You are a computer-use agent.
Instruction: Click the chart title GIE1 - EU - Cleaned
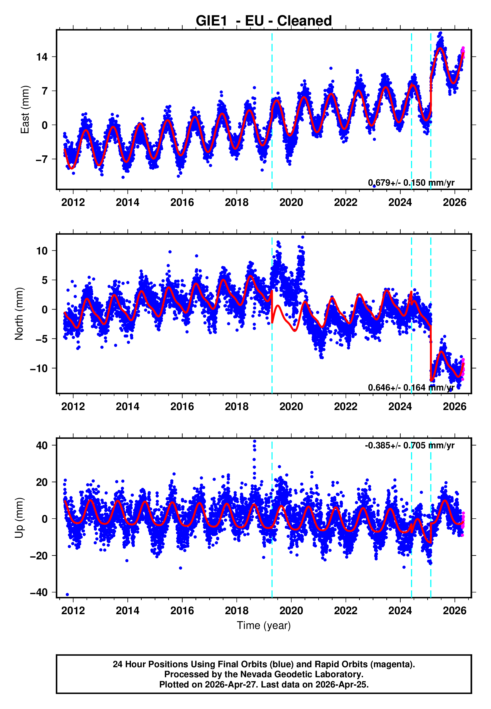(264, 21)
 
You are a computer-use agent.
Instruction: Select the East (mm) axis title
(25, 110)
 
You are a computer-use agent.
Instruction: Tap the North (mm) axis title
(19, 314)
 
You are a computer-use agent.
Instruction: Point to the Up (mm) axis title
(19, 518)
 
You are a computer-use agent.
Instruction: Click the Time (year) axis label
(264, 626)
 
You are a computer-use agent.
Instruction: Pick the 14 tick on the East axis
(42, 57)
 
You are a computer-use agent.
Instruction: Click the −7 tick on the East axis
(42, 159)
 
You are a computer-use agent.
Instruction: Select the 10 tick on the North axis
(42, 251)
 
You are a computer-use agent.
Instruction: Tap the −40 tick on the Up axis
(39, 592)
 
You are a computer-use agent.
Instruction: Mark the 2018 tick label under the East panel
(236, 202)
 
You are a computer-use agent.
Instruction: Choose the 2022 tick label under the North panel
(346, 407)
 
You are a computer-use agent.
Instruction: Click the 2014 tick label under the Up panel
(127, 611)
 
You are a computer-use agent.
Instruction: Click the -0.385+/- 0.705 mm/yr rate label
(409, 445)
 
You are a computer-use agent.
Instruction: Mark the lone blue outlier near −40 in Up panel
(67, 594)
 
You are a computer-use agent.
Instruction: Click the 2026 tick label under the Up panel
(454, 611)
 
